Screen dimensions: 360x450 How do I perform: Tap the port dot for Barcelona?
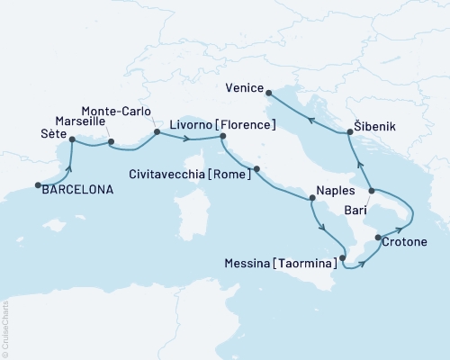coord(38,185)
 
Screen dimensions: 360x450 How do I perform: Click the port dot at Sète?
coord(72,140)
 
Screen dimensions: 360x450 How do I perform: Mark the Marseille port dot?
coord(111,141)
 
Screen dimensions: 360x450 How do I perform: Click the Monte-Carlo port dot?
coord(157,132)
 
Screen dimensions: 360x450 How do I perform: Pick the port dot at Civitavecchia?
coord(257,168)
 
